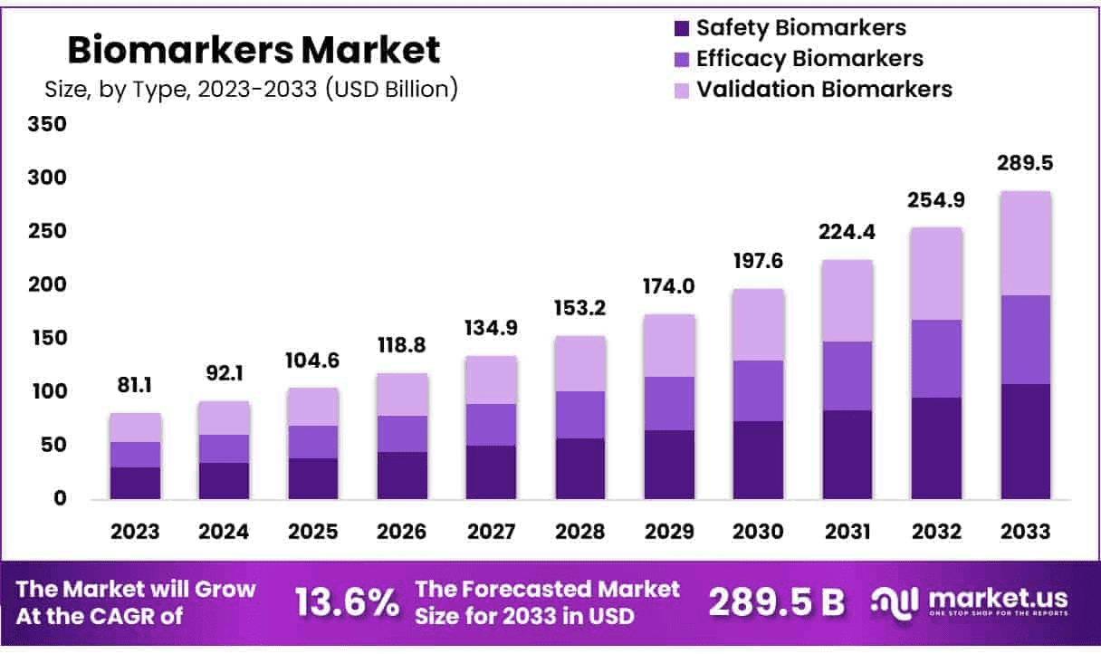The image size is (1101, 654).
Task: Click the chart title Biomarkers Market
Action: tap(254, 50)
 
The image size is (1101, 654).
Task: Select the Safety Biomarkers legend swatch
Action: tap(682, 29)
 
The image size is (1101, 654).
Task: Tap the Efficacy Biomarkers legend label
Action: tap(809, 59)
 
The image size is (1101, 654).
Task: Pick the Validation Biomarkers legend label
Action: tap(824, 89)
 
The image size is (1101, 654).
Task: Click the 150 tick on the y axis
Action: tap(50, 338)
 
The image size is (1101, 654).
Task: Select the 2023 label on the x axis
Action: tap(135, 532)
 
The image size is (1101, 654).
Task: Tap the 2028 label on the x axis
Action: tap(580, 532)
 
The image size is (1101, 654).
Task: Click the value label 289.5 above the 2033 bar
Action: tap(1026, 165)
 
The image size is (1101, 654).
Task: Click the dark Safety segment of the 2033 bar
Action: tap(1026, 441)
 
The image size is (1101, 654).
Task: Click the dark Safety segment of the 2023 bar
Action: tap(135, 483)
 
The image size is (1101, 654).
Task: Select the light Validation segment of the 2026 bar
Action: tap(402, 394)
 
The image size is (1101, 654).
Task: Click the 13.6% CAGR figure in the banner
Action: tap(347, 601)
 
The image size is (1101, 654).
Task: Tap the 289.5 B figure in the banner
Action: tap(777, 601)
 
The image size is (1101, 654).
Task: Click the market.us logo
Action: tap(969, 601)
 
